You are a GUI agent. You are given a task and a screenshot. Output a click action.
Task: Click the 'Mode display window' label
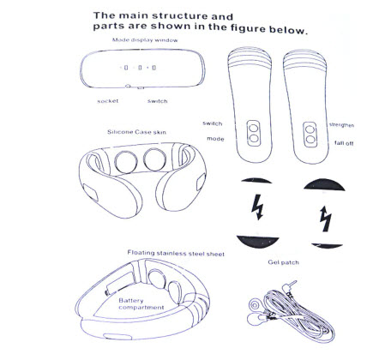(145, 40)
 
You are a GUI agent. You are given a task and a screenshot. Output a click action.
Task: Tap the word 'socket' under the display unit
(108, 101)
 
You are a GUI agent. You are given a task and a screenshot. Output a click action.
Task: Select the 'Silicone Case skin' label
(136, 132)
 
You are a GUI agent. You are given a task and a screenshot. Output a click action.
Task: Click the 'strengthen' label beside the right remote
(341, 125)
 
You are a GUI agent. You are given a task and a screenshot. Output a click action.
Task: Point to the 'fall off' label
(344, 143)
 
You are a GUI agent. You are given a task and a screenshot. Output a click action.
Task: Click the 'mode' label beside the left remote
(215, 139)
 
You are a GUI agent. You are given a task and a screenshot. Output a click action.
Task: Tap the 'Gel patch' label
(284, 262)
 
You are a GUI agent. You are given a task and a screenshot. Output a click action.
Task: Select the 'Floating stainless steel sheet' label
(176, 253)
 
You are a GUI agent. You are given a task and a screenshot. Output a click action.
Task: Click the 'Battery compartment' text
(141, 304)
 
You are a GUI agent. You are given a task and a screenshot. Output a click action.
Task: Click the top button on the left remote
(254, 128)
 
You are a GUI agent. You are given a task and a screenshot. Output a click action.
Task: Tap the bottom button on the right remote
(310, 140)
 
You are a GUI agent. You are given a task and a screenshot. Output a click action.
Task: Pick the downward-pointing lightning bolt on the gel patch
(257, 207)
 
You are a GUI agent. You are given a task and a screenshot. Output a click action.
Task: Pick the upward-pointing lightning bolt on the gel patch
(325, 219)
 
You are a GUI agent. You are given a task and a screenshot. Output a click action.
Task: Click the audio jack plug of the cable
(289, 286)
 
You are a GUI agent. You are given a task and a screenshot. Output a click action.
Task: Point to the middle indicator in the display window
(140, 68)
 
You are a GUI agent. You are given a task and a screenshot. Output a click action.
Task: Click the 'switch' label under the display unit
(158, 101)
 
